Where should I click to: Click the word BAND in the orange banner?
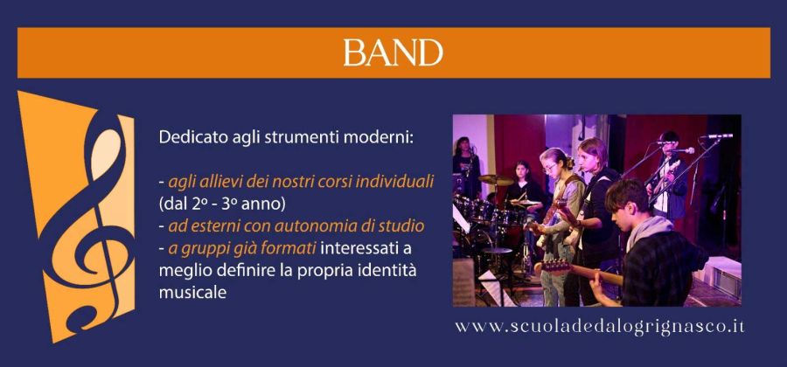click(393, 52)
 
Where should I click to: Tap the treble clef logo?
click(86, 220)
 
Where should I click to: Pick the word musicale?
click(192, 293)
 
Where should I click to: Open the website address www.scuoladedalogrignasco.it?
click(600, 327)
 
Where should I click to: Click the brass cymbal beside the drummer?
click(495, 179)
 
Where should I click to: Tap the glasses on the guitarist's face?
click(550, 168)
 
